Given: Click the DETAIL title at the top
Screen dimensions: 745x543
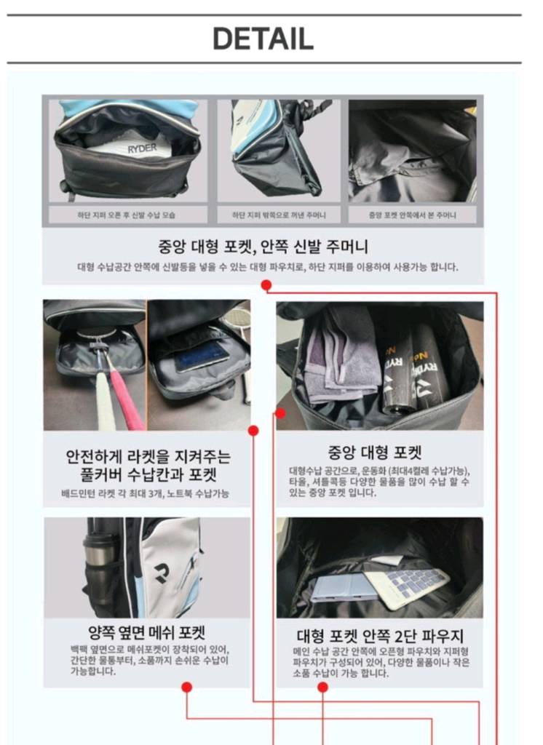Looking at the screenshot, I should click(x=263, y=39).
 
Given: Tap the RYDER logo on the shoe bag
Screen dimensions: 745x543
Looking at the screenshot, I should click(x=142, y=148).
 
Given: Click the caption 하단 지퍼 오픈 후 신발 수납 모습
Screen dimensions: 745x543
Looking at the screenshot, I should click(x=127, y=215).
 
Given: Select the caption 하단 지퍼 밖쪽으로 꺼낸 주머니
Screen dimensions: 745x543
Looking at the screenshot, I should click(x=279, y=215).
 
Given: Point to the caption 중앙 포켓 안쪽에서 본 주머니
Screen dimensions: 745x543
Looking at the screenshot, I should click(x=413, y=215).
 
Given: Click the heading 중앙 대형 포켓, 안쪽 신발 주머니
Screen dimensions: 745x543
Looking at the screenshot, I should click(x=263, y=246).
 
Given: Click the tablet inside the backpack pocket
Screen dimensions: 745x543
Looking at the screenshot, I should click(x=201, y=356).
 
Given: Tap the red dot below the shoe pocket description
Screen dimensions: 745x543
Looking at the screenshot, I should click(x=266, y=285).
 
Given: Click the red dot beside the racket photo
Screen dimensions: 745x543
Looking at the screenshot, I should click(x=254, y=431).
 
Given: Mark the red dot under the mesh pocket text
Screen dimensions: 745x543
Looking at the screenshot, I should click(x=186, y=687).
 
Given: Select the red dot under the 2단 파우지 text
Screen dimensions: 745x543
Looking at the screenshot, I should click(x=323, y=687).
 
